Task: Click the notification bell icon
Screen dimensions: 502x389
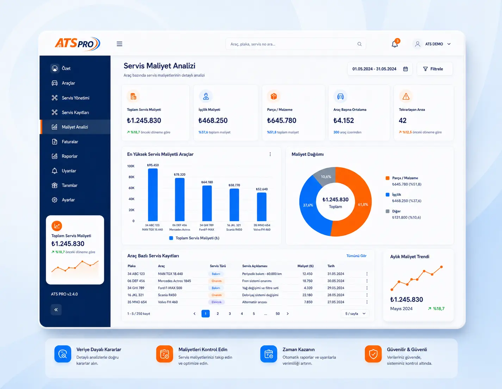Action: (x=395, y=44)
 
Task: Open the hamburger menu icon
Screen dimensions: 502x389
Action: (x=119, y=44)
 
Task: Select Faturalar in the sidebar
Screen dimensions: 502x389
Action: (x=70, y=142)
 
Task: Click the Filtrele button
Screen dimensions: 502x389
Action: (x=435, y=69)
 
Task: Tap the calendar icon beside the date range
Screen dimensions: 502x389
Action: (x=405, y=69)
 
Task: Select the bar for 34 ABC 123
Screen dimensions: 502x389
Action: (x=153, y=195)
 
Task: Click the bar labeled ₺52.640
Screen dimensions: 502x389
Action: (x=262, y=207)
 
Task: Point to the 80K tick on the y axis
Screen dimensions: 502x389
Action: (x=131, y=177)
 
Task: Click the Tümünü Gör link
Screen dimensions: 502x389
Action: (x=356, y=256)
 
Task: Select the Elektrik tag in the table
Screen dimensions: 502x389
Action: (x=216, y=302)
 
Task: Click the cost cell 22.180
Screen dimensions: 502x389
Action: (x=307, y=295)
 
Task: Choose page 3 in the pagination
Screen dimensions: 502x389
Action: (x=230, y=314)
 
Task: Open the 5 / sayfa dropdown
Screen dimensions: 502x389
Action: (x=355, y=314)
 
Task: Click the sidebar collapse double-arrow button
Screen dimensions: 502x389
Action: (x=56, y=309)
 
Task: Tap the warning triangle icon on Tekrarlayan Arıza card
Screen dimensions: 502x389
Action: (x=406, y=96)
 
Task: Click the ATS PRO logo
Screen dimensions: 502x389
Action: (x=78, y=44)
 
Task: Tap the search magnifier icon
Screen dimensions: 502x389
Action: (x=359, y=44)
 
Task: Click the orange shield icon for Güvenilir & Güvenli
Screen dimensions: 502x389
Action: (x=373, y=354)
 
